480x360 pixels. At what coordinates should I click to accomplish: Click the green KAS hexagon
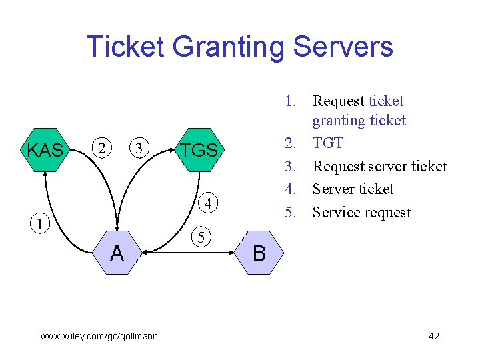tap(45, 150)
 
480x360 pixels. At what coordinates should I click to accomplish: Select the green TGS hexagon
tap(199, 150)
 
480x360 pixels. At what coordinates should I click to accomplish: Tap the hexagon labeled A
tap(117, 253)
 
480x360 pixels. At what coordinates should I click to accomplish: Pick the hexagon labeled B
tap(259, 253)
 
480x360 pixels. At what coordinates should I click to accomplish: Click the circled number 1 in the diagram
tap(40, 224)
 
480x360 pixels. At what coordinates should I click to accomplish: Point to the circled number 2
tap(102, 148)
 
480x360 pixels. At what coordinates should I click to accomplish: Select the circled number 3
tap(139, 148)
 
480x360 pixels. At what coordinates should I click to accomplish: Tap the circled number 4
tap(208, 203)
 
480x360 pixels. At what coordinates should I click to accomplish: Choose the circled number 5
tap(201, 237)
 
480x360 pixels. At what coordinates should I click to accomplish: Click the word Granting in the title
tap(228, 47)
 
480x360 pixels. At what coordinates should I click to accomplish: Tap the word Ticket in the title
tap(125, 46)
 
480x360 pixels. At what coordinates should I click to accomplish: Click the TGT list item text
tap(328, 143)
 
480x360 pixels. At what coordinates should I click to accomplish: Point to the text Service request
tap(362, 213)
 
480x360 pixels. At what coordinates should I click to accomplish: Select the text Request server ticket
tap(380, 167)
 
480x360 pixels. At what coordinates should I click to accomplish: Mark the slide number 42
tap(434, 336)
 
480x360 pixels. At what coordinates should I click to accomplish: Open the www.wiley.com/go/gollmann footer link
tap(99, 337)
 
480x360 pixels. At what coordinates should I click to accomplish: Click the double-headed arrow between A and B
tap(188, 253)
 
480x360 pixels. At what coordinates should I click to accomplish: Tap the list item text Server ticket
tap(353, 189)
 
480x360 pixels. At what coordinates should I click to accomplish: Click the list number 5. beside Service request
tap(290, 212)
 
